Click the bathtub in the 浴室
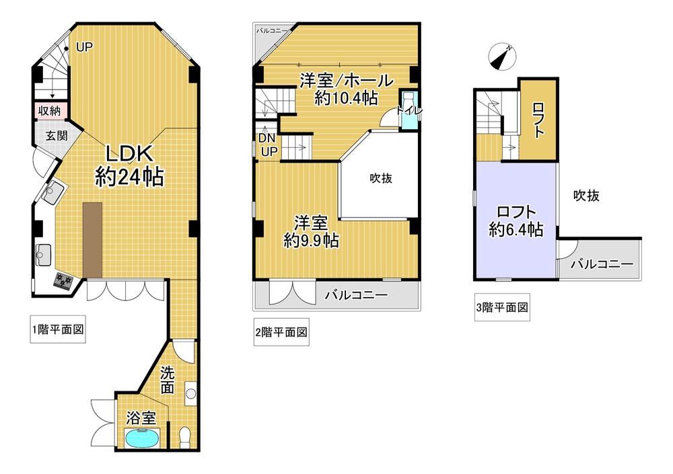point(143,438)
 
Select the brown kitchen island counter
point(93,240)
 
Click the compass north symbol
point(502,56)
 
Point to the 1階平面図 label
point(58,329)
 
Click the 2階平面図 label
point(281,332)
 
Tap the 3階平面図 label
point(502,307)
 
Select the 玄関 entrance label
point(57,136)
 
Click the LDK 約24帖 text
point(129,165)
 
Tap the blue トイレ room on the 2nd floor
point(409,108)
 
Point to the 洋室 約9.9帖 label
point(311,232)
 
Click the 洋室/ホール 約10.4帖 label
point(347,89)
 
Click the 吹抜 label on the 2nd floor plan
point(381,178)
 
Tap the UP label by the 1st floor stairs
point(85,47)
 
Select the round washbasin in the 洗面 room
point(191,393)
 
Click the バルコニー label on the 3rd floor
point(602,264)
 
